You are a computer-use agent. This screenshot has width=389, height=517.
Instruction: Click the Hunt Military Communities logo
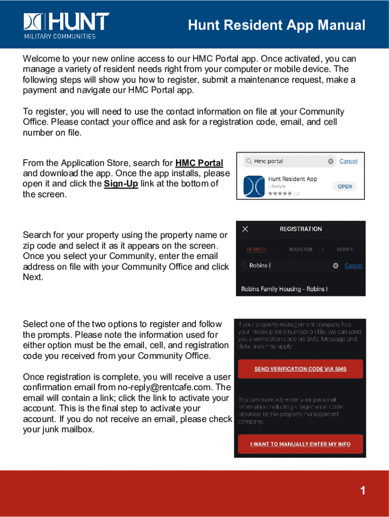[66, 25]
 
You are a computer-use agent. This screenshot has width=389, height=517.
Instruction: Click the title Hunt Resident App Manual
[276, 25]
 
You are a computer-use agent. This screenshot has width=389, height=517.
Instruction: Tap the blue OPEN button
[345, 186]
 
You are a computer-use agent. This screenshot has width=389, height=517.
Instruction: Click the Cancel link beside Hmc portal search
[348, 161]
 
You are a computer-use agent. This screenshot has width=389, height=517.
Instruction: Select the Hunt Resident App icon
[254, 186]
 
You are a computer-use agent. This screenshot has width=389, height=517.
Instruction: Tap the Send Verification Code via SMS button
[300, 369]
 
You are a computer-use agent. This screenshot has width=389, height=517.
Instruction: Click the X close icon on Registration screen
[245, 229]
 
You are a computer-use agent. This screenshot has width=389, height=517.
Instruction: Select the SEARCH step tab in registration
[256, 249]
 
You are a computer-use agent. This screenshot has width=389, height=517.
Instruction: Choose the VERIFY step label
[345, 249]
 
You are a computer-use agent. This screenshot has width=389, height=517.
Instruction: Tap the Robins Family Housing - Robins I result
[284, 289]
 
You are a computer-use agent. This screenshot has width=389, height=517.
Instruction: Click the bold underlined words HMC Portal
[199, 163]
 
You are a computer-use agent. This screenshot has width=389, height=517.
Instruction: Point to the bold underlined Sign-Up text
[121, 184]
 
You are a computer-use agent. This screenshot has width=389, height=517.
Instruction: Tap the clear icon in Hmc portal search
[330, 162]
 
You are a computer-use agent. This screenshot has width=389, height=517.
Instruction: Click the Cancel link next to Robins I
[354, 266]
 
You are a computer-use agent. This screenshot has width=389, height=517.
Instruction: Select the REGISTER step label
[301, 249]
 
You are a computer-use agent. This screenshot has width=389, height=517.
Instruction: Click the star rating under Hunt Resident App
[279, 193]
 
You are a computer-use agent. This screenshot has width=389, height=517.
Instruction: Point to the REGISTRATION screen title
[301, 229]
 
